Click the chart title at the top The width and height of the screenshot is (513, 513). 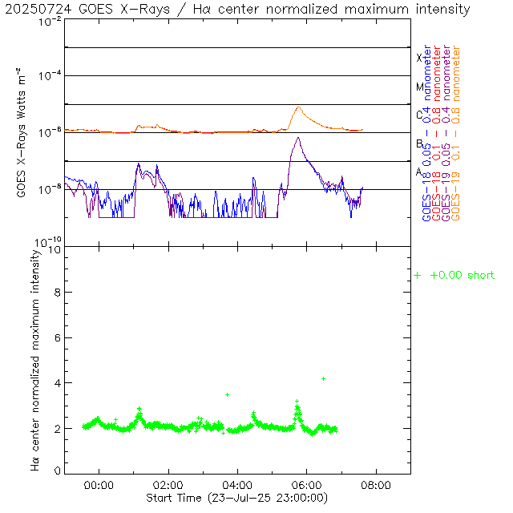point(238,10)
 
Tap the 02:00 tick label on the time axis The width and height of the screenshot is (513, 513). point(168,486)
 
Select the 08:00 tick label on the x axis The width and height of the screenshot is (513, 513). point(376,486)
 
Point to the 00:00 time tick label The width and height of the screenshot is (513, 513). point(99,486)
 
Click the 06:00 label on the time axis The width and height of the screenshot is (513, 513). point(307,486)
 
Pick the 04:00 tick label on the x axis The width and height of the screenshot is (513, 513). point(238,486)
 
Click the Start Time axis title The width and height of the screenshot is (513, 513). point(237,498)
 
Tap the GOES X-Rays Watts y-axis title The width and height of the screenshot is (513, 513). point(22,133)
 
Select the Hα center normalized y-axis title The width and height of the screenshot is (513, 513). point(36,358)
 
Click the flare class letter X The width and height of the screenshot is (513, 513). point(419,58)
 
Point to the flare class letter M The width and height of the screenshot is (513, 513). point(419,87)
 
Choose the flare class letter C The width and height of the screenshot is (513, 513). point(419,115)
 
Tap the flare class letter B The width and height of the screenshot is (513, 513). point(419,143)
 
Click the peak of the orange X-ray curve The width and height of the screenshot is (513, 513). point(299,107)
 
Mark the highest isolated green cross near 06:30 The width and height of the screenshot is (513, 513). point(323,378)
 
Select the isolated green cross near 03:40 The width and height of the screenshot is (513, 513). point(227,394)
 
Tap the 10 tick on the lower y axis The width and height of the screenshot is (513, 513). point(53,249)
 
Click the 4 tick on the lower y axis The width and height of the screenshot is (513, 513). point(56,383)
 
